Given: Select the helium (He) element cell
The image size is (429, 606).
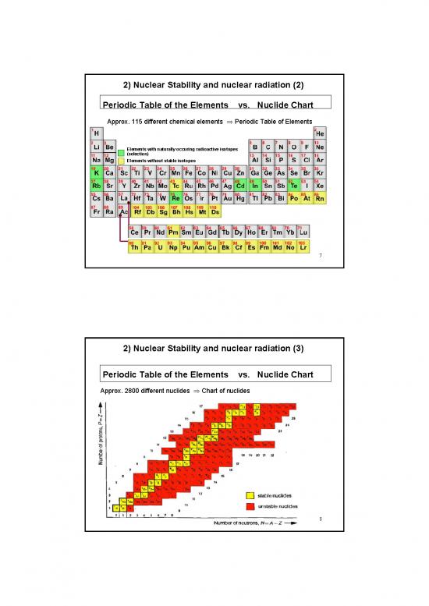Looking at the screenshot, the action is click(x=320, y=133).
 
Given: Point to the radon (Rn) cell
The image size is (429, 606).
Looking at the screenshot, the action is click(x=320, y=199).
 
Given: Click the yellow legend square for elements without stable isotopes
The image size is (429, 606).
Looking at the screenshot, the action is click(x=121, y=161).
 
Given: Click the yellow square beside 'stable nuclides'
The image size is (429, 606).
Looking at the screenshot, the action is click(x=250, y=495).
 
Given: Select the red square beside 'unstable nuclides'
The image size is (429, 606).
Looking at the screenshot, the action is click(x=250, y=506).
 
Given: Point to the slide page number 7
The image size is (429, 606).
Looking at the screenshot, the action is click(x=319, y=262).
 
